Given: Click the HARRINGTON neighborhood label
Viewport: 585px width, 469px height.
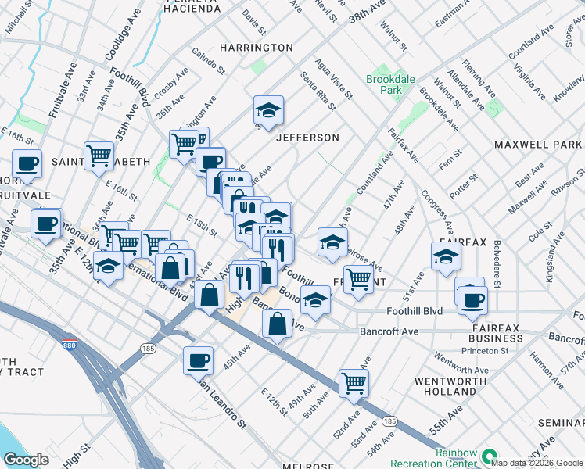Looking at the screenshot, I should coord(256,48).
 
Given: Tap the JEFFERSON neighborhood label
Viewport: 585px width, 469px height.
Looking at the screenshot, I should coord(307,138).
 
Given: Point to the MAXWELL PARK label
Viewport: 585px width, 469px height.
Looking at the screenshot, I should coord(538,145).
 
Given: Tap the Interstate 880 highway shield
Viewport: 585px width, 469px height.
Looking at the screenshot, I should coord(67,342).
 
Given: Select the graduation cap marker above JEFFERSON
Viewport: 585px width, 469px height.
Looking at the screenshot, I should coord(268,111).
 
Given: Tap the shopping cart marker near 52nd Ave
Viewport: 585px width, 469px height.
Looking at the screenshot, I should coord(354,383).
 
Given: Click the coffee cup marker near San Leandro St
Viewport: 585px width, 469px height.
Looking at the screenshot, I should coord(198,360).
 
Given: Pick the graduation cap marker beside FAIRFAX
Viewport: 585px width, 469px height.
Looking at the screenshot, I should coord(446,256).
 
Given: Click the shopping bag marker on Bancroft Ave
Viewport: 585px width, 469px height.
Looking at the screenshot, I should coord(277,324).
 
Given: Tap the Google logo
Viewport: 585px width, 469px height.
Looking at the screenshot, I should coord(26,460).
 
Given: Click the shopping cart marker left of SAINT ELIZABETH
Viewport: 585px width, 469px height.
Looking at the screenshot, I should coord(99,155).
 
